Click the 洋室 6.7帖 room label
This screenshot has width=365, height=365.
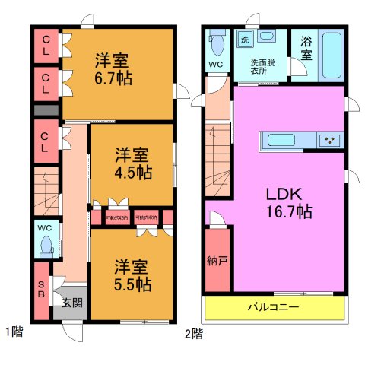point(112,68)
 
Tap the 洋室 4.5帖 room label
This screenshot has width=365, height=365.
point(132,163)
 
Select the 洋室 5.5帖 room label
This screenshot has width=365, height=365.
point(132,275)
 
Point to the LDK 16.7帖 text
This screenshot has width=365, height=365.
point(287,202)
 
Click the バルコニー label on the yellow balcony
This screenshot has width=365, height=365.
point(273,308)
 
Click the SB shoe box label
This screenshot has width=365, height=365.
point(42,289)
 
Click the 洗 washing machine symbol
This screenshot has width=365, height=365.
point(245,39)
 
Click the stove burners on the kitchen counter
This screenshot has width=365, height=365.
point(330,140)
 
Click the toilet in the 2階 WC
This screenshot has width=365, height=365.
point(217,46)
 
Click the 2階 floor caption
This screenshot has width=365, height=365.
point(193,332)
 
